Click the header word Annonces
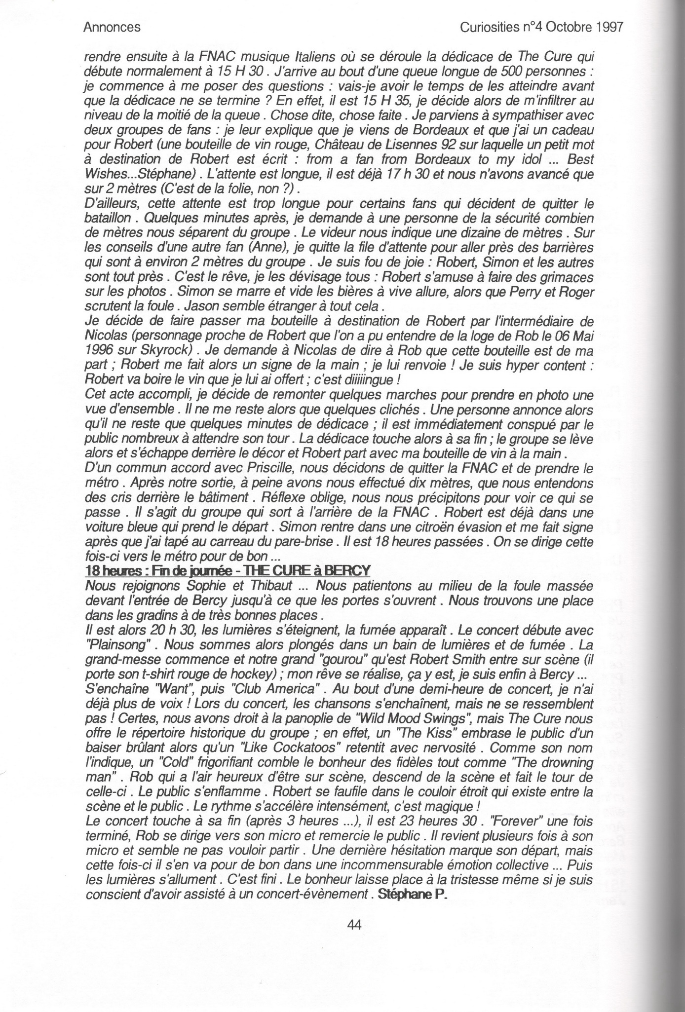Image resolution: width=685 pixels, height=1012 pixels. click(113, 28)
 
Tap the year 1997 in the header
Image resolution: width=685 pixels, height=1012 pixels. click(607, 28)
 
